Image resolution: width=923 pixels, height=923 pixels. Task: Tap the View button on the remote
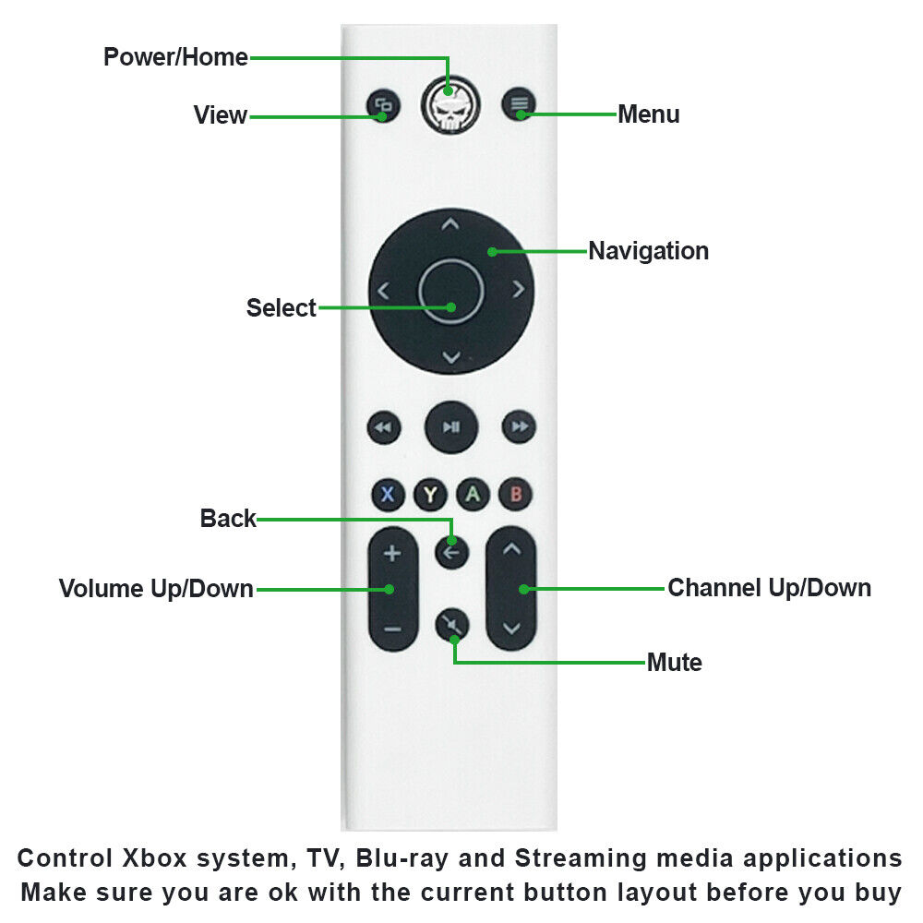382,105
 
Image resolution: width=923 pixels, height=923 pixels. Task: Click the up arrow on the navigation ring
450,224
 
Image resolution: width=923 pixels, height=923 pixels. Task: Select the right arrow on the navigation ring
518,290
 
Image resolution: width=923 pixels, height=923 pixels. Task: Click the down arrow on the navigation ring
450,357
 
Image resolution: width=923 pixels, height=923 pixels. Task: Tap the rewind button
383,426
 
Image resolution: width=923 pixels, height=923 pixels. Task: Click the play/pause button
450,426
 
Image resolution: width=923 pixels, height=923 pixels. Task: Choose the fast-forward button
519,426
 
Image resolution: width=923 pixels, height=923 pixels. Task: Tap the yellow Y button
430,495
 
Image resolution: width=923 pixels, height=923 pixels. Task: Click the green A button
473,495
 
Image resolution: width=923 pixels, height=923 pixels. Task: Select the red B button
515,495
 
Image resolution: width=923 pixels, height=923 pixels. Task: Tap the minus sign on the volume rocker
392,629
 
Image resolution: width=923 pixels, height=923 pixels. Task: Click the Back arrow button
451,553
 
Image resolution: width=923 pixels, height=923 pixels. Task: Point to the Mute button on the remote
451,625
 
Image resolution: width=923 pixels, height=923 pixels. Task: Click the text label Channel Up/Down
769,588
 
